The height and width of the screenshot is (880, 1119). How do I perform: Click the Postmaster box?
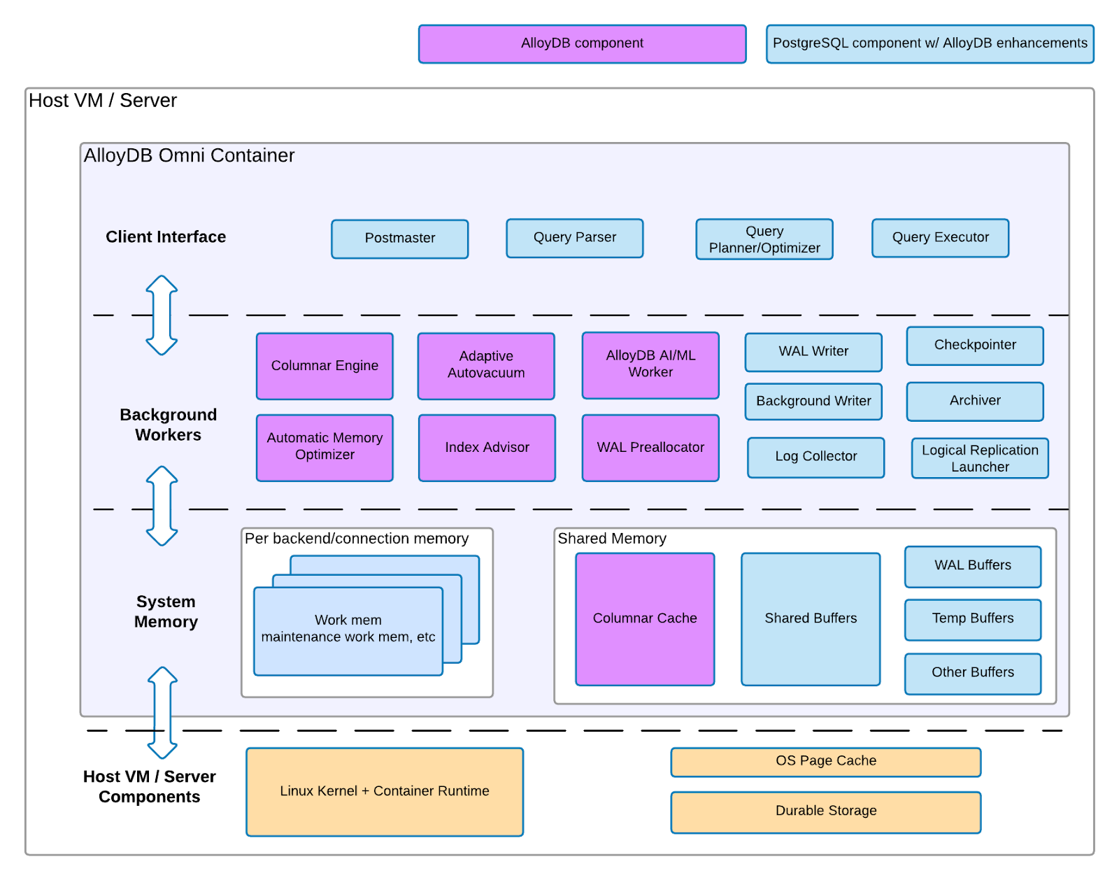click(399, 239)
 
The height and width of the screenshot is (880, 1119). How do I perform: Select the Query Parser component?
click(574, 238)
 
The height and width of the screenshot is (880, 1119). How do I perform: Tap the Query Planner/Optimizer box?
click(764, 239)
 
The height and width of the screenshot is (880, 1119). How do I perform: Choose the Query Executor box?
click(940, 238)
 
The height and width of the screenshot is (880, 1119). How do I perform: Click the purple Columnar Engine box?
click(325, 366)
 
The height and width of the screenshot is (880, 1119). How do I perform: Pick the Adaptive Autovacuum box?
click(486, 366)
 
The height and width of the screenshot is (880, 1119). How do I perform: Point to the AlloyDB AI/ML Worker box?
click(650, 365)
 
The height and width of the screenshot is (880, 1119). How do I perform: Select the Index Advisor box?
click(487, 448)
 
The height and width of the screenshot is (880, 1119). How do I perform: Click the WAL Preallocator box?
click(650, 448)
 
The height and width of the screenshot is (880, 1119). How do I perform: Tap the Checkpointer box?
click(975, 346)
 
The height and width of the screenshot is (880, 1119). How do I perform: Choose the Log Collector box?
click(815, 457)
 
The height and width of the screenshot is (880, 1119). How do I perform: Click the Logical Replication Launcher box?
click(980, 458)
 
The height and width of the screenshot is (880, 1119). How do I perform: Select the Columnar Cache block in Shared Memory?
click(645, 619)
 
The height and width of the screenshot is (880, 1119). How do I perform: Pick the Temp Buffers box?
click(972, 619)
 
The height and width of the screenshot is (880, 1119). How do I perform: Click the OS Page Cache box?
click(825, 762)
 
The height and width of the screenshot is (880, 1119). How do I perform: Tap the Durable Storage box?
click(825, 811)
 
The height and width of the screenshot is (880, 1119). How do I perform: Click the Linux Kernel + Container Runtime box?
click(384, 791)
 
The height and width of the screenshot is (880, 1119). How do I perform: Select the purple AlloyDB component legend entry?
click(582, 43)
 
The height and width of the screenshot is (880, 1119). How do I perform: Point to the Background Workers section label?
click(168, 425)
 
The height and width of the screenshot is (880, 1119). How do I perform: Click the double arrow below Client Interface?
click(162, 315)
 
